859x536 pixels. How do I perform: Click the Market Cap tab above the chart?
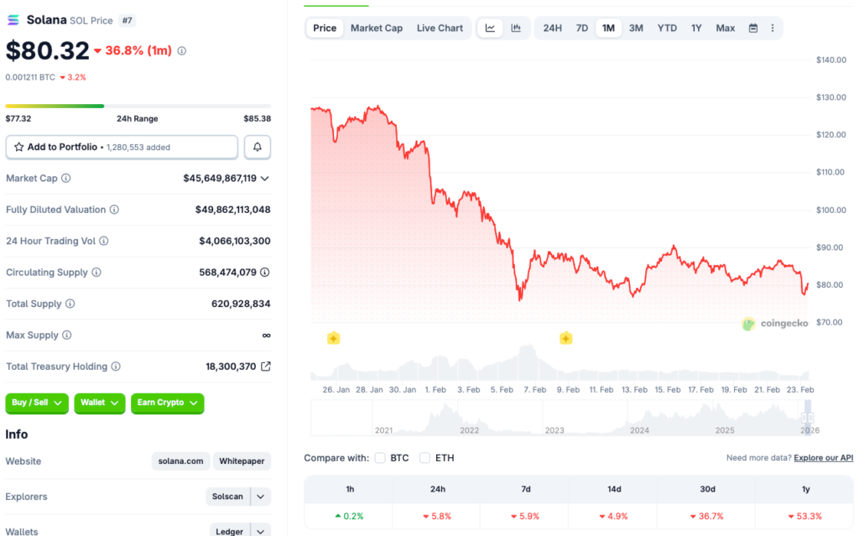click(x=376, y=28)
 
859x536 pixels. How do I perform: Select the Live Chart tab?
click(x=440, y=28)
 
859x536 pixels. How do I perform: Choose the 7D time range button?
click(x=581, y=28)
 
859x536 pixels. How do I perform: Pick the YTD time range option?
click(x=667, y=28)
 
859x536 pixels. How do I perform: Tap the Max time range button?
click(x=725, y=28)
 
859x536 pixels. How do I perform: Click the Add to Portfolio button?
click(x=122, y=147)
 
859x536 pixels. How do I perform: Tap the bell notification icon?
click(x=258, y=147)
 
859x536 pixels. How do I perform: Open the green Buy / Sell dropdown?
click(x=37, y=403)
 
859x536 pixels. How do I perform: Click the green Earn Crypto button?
click(x=167, y=403)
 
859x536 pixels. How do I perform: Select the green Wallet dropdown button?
click(x=100, y=403)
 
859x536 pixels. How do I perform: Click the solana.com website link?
click(x=180, y=461)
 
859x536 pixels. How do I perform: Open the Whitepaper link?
click(x=242, y=461)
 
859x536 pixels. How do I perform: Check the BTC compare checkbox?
click(x=380, y=458)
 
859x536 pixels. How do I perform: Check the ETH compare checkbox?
click(x=424, y=458)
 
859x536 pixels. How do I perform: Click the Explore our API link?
click(x=823, y=458)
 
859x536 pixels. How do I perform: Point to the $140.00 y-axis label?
click(x=830, y=60)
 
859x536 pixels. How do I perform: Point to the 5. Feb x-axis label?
click(x=501, y=390)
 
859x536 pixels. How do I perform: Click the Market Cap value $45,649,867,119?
click(x=220, y=178)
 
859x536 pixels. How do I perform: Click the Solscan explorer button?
click(x=227, y=497)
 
